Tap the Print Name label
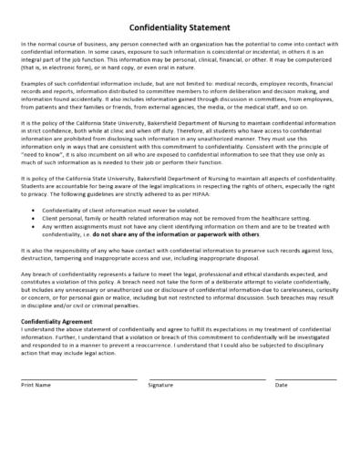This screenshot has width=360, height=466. click(36, 385)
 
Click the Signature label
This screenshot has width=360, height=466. click(161, 385)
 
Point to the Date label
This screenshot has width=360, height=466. click(282, 385)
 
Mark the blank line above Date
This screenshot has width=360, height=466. click(305, 378)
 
